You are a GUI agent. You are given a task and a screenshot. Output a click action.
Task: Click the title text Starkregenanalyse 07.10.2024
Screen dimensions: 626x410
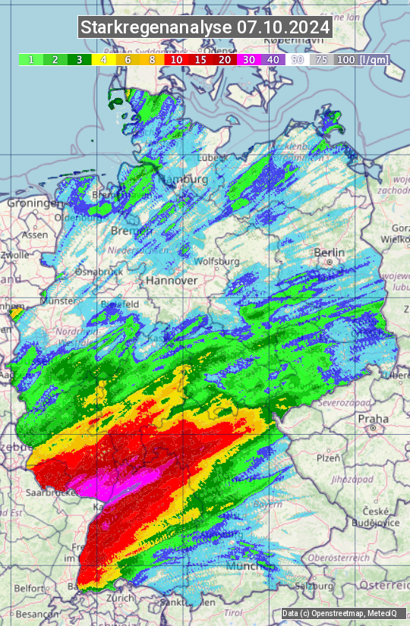pos(205,28)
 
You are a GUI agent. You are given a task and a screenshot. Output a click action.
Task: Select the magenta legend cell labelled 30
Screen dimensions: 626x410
pos(248,59)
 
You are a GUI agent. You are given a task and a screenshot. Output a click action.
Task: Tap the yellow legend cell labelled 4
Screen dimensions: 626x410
pos(102,59)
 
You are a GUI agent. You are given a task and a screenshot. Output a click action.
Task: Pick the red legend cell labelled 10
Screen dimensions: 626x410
pos(176,59)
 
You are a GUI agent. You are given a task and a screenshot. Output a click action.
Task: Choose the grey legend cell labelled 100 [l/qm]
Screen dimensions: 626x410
pos(360,59)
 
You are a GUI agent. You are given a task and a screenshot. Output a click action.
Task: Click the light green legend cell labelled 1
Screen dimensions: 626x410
pos(30,59)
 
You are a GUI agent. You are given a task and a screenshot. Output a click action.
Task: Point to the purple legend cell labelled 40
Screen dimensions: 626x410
pos(273,59)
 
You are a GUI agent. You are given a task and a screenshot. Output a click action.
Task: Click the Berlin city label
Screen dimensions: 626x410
pos(329,253)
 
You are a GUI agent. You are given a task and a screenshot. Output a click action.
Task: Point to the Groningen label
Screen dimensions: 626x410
pos(33,203)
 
